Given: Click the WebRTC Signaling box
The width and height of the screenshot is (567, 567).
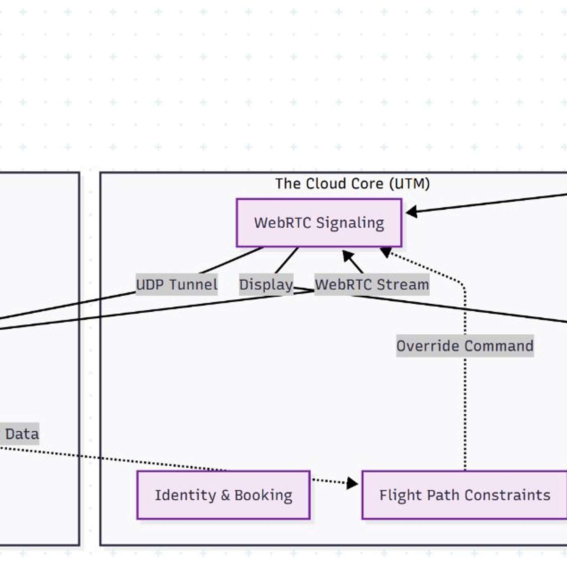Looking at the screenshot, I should point(319,223).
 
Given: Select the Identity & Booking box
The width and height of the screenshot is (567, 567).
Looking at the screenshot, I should point(223,495).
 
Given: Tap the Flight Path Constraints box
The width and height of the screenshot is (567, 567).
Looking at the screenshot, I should point(465,495).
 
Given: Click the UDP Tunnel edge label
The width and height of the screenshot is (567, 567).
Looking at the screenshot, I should point(177,285).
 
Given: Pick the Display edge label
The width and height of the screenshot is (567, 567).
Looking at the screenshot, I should point(266,285).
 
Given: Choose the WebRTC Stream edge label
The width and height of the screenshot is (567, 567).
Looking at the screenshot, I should point(372,285).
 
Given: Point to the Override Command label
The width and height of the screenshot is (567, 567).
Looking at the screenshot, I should point(465,346).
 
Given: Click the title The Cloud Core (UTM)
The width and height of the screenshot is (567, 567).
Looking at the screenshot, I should point(352,184).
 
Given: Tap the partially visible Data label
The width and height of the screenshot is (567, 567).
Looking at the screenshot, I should point(20,434).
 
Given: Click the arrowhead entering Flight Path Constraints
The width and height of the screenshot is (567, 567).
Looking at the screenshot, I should point(352,483).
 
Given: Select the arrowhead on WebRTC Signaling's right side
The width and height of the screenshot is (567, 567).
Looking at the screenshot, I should point(411,211).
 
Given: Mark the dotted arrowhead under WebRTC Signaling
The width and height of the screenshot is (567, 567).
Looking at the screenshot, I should point(385,252).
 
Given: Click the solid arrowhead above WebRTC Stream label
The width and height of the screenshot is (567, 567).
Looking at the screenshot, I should point(348,256).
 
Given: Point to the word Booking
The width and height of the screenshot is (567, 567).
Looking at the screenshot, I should point(263,495).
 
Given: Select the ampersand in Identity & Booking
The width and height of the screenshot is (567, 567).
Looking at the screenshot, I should point(225,495).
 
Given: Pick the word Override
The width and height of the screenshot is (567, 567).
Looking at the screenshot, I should point(428,346).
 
